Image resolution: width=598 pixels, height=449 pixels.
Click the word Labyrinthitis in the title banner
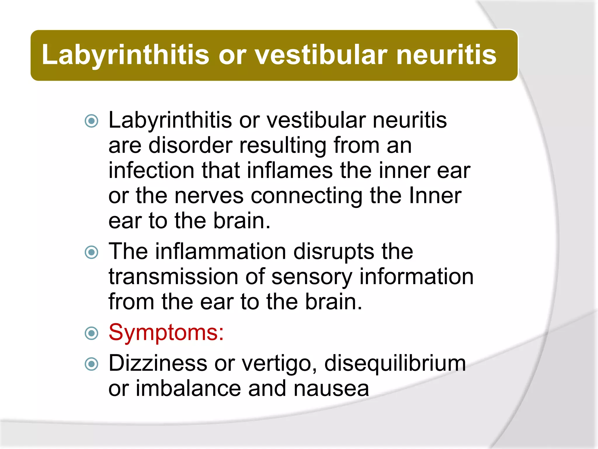tap(126, 55)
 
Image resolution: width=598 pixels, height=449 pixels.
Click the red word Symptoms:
tap(166, 333)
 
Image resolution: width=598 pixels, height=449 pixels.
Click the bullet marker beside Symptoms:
tap(91, 333)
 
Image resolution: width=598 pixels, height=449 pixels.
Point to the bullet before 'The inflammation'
tap(91, 252)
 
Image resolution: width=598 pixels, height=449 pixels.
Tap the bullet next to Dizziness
tap(91, 364)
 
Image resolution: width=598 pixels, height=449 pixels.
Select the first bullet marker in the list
tap(91, 121)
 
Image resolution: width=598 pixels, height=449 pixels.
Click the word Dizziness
tap(158, 363)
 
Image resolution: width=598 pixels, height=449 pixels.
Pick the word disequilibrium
tap(395, 363)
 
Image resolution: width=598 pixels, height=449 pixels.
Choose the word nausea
tap(331, 388)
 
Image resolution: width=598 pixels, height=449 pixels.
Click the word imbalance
tap(188, 388)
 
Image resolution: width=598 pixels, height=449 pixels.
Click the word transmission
tap(173, 277)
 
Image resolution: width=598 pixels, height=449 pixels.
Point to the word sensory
tap(312, 277)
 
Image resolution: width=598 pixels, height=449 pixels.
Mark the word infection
tap(151, 170)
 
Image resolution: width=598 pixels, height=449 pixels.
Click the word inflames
tap(289, 170)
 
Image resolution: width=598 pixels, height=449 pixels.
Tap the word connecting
tap(307, 196)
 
